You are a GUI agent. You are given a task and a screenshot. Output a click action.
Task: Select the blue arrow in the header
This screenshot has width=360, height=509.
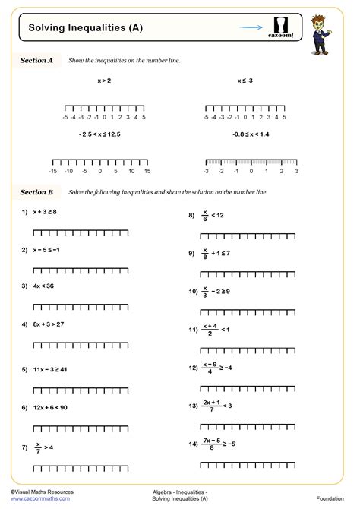(251, 27)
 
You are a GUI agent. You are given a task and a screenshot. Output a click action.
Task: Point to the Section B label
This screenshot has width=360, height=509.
(36, 192)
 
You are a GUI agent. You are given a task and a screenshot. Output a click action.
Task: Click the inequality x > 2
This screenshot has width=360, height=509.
(104, 80)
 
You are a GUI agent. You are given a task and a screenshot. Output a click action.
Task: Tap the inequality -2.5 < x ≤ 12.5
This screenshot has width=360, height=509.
(99, 134)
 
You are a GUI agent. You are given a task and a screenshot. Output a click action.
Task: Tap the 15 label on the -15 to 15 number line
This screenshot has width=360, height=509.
(147, 172)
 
